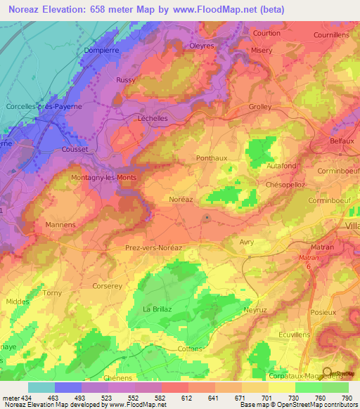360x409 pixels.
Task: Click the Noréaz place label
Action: point(180,200)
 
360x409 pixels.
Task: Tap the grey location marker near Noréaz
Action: point(206,219)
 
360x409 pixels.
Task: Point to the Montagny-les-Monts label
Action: point(103,178)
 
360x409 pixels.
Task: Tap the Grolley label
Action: point(260,107)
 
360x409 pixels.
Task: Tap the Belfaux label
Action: point(343,141)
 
